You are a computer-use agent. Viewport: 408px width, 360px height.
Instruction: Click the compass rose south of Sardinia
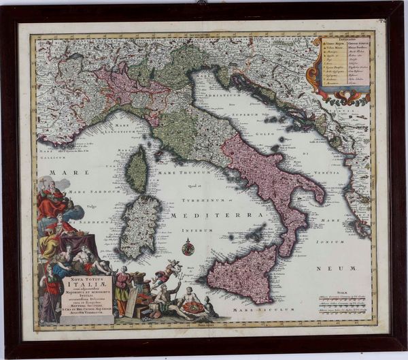[188, 248]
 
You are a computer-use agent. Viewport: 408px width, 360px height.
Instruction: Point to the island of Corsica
[138, 169]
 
